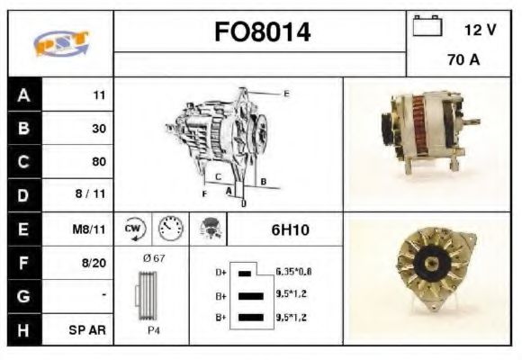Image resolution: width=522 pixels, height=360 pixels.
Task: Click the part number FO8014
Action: click(x=262, y=32)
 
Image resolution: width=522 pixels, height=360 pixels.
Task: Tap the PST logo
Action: click(x=61, y=43)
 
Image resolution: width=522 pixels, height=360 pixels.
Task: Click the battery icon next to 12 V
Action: click(x=427, y=25)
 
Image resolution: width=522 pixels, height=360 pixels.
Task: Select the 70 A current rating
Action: click(x=463, y=60)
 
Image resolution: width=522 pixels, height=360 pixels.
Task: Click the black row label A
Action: click(x=23, y=95)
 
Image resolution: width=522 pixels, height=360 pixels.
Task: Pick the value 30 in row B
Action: click(x=99, y=129)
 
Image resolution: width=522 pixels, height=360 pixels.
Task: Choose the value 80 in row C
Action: click(x=99, y=161)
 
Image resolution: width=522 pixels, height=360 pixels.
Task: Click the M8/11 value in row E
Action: click(x=89, y=229)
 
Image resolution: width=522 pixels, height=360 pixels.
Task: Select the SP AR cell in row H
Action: click(x=87, y=330)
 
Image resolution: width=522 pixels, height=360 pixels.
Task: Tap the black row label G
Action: click(x=23, y=296)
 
